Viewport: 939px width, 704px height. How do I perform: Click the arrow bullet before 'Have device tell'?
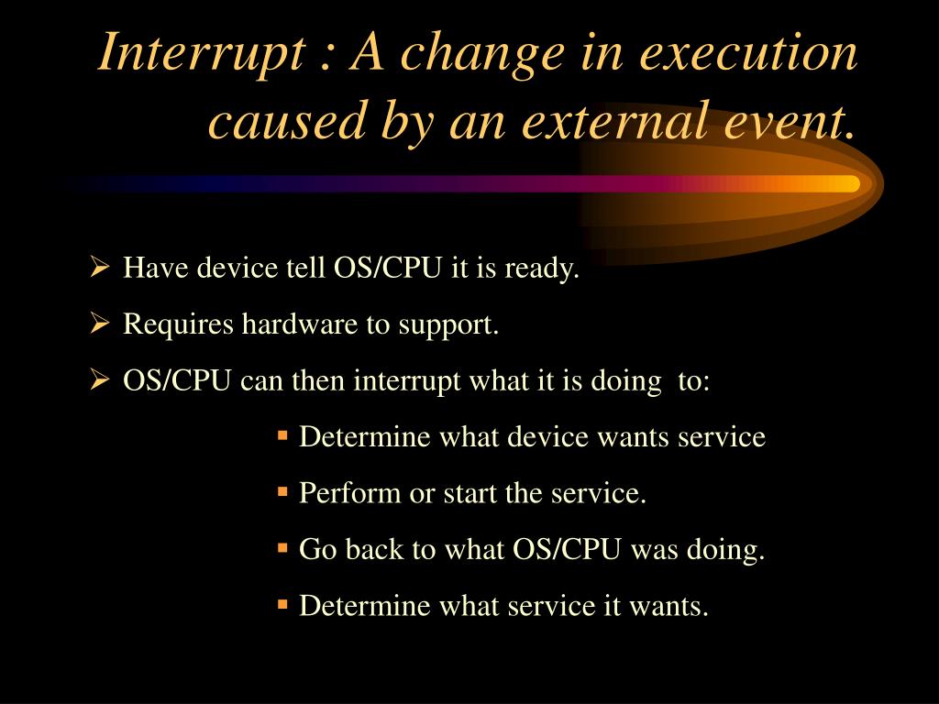click(99, 266)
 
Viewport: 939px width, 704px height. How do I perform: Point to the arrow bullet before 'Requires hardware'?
click(99, 323)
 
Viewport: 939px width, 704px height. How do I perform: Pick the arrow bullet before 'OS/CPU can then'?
click(99, 379)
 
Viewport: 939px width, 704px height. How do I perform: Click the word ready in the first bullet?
click(541, 269)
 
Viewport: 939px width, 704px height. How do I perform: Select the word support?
click(448, 326)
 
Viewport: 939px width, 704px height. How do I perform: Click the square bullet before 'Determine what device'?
click(282, 434)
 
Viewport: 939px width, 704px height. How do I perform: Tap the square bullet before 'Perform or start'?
click(282, 491)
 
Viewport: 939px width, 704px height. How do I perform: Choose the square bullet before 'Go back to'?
click(282, 548)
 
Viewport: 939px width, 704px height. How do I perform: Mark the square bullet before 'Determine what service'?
click(282, 604)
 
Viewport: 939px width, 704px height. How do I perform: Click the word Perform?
click(349, 493)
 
